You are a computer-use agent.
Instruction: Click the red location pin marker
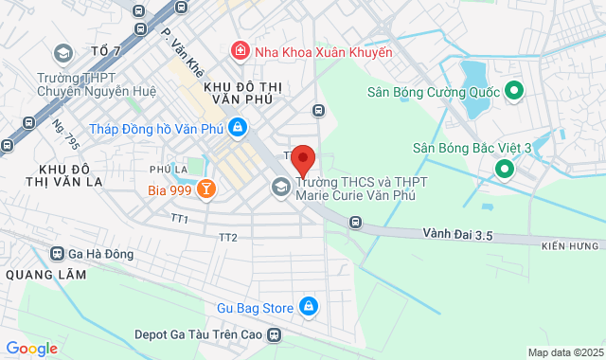point(302,160)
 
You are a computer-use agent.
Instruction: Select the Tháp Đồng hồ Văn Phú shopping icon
point(237,127)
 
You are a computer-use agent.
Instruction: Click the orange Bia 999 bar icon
point(205,189)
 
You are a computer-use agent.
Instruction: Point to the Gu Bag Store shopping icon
point(308,307)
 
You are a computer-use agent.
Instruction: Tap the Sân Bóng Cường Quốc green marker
point(514,91)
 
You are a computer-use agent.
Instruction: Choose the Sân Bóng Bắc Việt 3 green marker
point(504,170)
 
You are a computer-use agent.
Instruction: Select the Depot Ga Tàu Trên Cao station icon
point(275,334)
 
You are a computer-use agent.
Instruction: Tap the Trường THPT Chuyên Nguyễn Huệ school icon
point(62,53)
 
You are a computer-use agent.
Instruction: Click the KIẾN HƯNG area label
point(573,246)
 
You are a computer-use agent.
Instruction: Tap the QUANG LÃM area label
point(45,275)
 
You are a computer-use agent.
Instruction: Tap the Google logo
point(31,349)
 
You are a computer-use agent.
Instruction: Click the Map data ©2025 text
point(565,352)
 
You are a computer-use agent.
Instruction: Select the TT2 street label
point(227,237)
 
